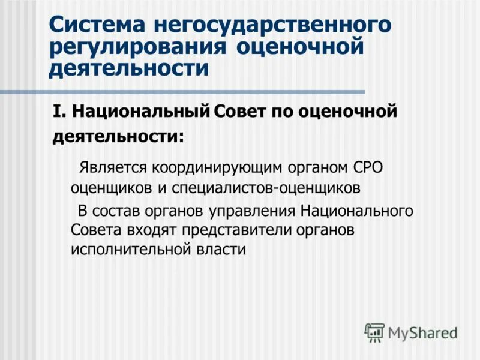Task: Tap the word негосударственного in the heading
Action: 273,26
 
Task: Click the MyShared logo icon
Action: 374,332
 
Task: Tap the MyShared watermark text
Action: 422,332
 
